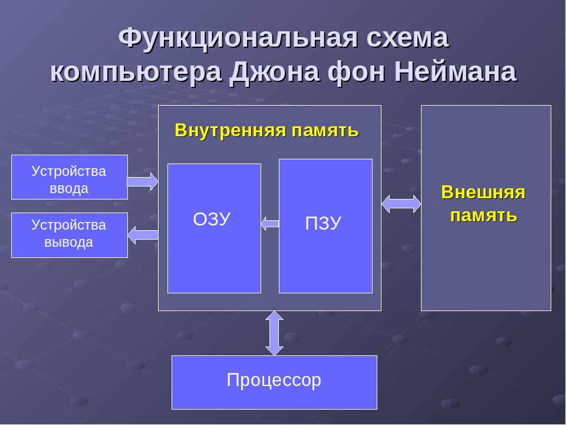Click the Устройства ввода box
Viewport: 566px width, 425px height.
(x=70, y=177)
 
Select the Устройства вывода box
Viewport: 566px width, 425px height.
(x=70, y=235)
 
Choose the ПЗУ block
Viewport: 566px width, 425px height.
(x=325, y=260)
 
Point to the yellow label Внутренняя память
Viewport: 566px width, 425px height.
(x=266, y=130)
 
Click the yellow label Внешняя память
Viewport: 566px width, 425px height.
(x=483, y=204)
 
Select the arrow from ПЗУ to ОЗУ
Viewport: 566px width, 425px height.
(x=270, y=223)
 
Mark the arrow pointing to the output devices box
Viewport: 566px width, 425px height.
(x=143, y=235)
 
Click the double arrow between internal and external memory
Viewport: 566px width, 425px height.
(x=401, y=204)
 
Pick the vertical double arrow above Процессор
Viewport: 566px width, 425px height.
(x=274, y=333)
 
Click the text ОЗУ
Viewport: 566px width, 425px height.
(x=212, y=220)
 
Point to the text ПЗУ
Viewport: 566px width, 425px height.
(x=323, y=223)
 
